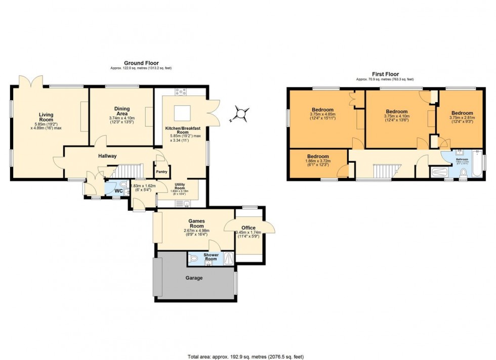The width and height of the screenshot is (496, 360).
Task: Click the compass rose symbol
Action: click(242, 114)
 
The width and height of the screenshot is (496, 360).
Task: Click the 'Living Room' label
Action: click(46, 115)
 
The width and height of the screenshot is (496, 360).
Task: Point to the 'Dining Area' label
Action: click(121, 111)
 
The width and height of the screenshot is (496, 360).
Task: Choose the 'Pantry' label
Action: click(162, 172)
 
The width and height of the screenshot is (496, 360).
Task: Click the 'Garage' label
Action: click(194, 278)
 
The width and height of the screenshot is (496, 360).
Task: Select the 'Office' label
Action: click(248, 228)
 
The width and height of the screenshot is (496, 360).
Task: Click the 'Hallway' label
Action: click(107, 156)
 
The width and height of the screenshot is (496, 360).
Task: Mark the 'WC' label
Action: click(117, 191)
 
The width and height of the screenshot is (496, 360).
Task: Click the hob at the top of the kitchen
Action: click(181, 92)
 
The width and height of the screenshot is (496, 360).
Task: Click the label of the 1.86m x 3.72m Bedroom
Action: click(318, 157)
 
